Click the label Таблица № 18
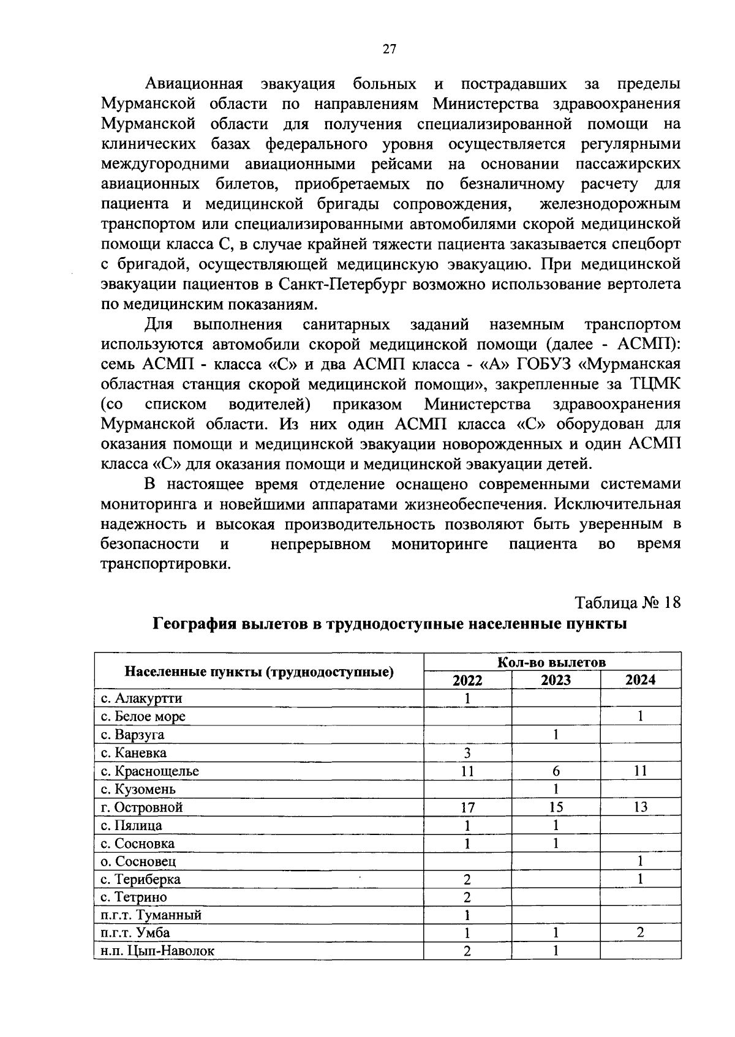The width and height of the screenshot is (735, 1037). coord(628,603)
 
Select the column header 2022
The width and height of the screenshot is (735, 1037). coord(467,680)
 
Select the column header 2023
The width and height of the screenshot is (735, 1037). coord(556,680)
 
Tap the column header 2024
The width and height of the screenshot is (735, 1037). coord(641,680)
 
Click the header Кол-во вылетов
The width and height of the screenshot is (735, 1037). coord(552,662)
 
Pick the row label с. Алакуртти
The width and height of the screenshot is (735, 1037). coord(141,698)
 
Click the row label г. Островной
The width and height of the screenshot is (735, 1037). coord(142,807)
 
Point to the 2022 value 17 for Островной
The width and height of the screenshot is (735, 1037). coord(467,807)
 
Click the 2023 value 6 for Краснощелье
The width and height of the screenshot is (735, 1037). coord(556,771)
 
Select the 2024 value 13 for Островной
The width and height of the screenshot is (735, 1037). coord(641,807)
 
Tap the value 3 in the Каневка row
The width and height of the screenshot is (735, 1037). coord(467,753)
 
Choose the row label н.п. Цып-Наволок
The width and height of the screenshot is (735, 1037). coord(158,951)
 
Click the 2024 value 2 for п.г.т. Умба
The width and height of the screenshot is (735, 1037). coord(641,933)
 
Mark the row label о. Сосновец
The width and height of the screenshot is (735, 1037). coord(138,861)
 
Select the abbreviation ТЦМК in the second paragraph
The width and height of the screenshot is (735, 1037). coord(655,384)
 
